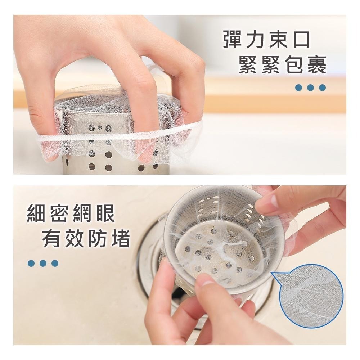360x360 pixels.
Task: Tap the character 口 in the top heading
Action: click(x=301, y=40)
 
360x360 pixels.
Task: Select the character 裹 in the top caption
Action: click(x=317, y=66)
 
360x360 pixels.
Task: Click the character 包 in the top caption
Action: click(x=294, y=66)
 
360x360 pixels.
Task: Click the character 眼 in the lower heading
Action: click(x=105, y=213)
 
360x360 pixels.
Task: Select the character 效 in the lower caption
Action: click(x=74, y=239)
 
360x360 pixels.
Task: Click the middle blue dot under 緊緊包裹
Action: click(x=310, y=87)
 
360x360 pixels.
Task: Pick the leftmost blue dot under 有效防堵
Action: click(x=31, y=263)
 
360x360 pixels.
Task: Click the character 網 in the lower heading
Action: click(x=82, y=213)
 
